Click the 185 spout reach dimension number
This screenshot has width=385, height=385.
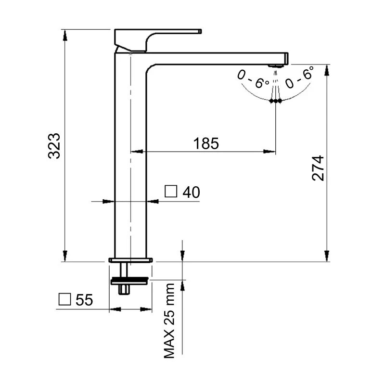tap(205, 143)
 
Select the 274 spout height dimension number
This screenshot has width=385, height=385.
tap(318, 168)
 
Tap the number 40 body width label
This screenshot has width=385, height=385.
tap(191, 192)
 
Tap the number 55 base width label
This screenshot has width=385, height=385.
tap(84, 300)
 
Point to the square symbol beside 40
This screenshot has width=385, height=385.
tap(171, 192)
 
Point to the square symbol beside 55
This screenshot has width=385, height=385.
tap(64, 299)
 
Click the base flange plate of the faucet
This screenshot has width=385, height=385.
tap(130, 260)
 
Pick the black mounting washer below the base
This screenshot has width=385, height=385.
tap(130, 280)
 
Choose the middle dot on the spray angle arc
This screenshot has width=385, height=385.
tap(276, 101)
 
